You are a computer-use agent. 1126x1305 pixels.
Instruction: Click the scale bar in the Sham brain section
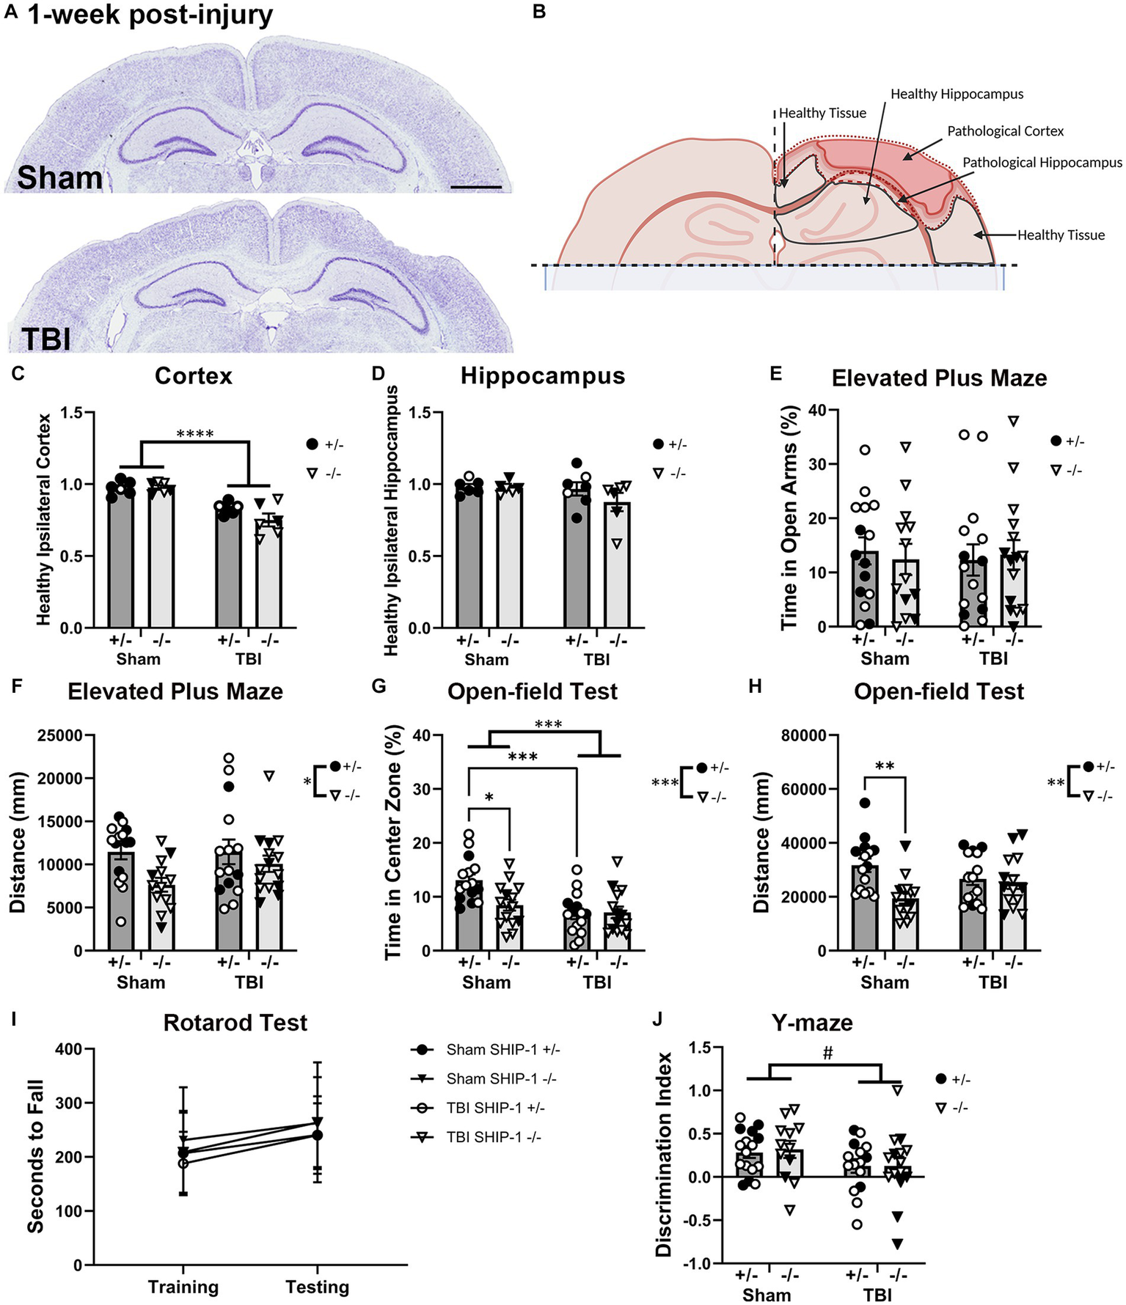click(x=476, y=188)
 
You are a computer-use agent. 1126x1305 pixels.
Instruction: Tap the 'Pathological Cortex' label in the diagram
click(x=1005, y=131)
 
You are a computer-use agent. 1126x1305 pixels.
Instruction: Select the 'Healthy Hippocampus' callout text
click(x=957, y=94)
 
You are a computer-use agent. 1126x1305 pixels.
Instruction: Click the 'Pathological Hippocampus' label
click(x=1042, y=163)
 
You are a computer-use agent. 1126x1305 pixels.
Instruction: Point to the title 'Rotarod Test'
click(x=235, y=1023)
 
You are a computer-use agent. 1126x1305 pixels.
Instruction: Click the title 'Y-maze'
click(x=812, y=1023)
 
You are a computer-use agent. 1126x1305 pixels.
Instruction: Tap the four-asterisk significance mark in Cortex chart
click(x=195, y=434)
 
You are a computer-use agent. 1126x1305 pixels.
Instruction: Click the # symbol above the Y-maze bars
click(x=827, y=1054)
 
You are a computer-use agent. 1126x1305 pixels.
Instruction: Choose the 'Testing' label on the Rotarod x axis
click(x=317, y=1287)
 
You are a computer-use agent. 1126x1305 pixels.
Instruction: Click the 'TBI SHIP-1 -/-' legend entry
click(x=493, y=1137)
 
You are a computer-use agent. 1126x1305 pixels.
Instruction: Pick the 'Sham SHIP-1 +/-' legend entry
click(x=502, y=1050)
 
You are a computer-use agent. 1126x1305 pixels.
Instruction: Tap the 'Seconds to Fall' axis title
click(x=34, y=1156)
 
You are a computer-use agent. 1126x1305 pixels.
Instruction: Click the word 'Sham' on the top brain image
click(x=59, y=178)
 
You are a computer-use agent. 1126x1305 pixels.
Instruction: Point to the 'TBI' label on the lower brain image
click(x=46, y=339)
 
